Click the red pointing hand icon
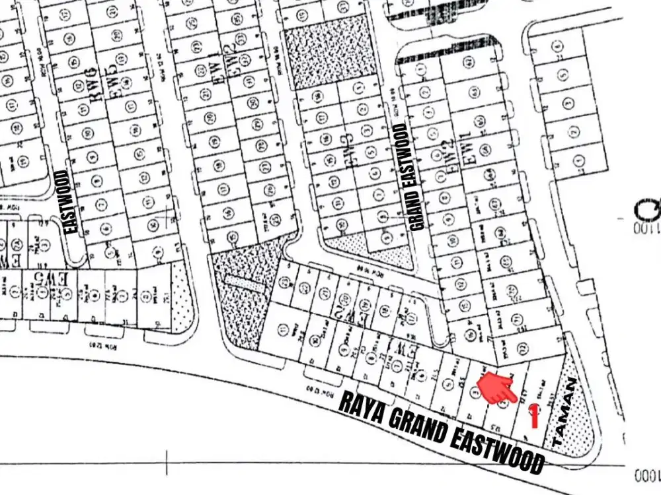tap(498, 387)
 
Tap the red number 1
tap(534, 416)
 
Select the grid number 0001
tap(646, 475)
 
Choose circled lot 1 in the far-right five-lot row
tap(578, 160)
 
